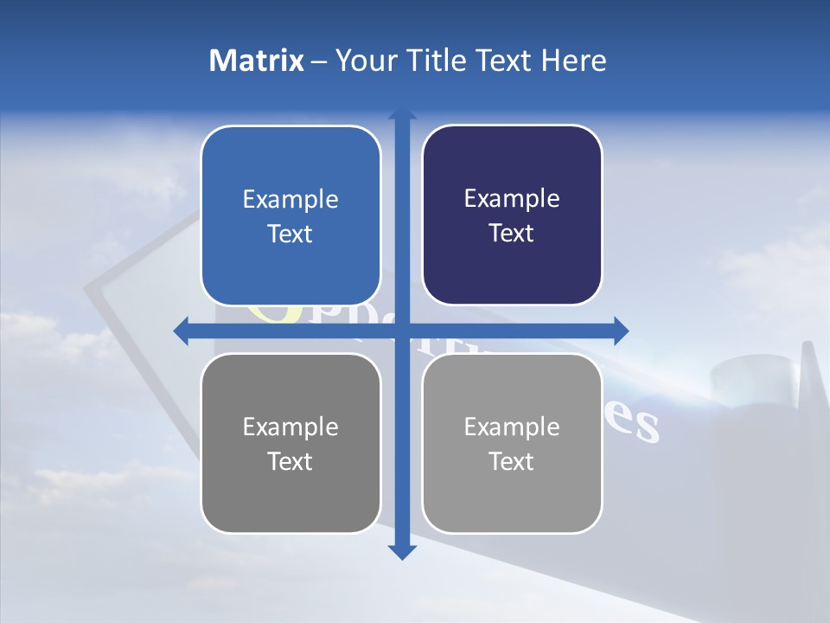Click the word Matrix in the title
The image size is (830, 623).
pos(257,61)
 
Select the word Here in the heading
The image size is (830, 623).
pos(573,61)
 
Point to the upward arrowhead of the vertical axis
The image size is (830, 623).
pos(401,114)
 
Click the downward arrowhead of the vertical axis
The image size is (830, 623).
pos(401,552)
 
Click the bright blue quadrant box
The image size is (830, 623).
pos(290,215)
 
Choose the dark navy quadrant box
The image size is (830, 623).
pos(512,215)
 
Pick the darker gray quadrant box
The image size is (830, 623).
pos(290,443)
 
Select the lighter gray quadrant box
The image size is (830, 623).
pos(512,443)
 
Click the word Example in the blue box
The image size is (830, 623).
pos(290,200)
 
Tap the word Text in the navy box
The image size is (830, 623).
pos(512,233)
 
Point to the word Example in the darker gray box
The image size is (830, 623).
pos(290,427)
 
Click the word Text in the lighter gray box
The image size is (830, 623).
pos(512,461)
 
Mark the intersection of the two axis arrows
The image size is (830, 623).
pos(401,331)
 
